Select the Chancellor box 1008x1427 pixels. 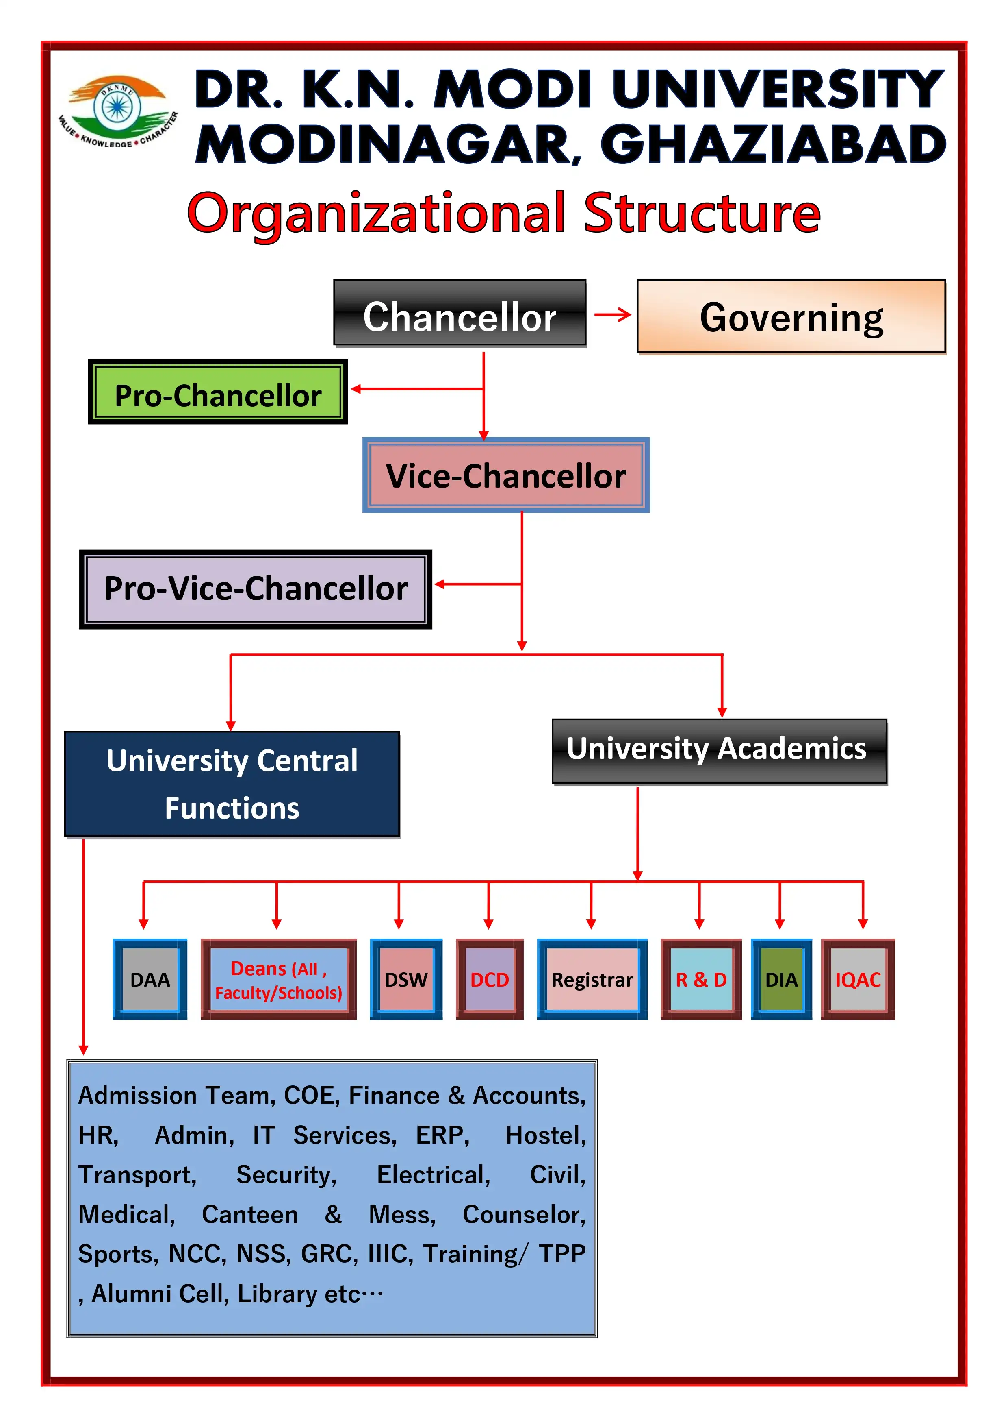(460, 314)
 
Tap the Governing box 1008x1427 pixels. (791, 317)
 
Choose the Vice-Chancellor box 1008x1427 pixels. (505, 475)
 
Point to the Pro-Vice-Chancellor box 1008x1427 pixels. (255, 589)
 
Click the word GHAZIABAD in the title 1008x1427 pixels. (773, 144)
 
